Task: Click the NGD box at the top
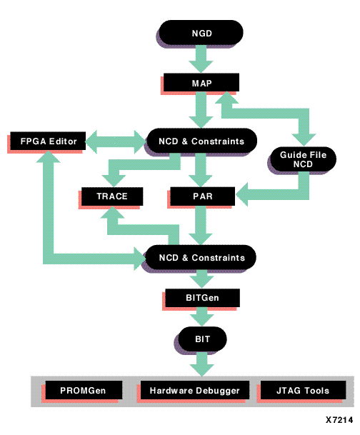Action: [x=201, y=32]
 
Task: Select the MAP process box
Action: [x=201, y=82]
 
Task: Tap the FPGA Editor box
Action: [x=48, y=141]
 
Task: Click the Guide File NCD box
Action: [x=303, y=159]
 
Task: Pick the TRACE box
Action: [x=112, y=196]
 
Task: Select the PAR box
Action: [x=202, y=196]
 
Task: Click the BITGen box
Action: [x=202, y=298]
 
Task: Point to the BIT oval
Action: [x=202, y=339]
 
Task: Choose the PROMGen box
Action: [x=84, y=390]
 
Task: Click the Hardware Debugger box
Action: [x=195, y=390]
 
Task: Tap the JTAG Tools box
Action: [x=303, y=390]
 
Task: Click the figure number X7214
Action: [x=339, y=420]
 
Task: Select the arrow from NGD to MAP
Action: [x=201, y=59]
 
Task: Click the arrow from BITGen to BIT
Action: [x=202, y=316]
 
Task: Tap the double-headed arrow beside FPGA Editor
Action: [x=116, y=141]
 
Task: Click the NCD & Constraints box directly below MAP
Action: [x=201, y=141]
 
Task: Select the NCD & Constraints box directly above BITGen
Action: [x=201, y=257]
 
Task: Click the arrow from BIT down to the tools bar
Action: [x=202, y=364]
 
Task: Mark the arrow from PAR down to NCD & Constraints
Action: [x=201, y=225]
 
